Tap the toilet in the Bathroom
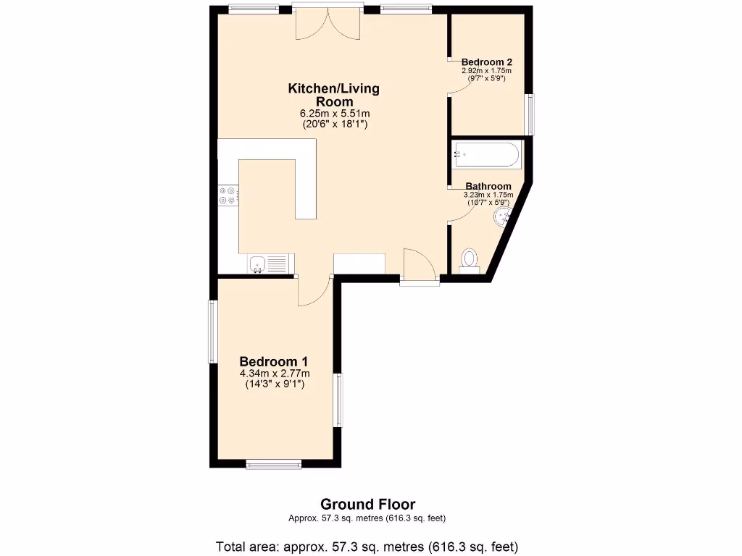[x=470, y=259]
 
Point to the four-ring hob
[x=228, y=195]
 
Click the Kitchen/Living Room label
[x=333, y=95]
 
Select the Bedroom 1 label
[x=274, y=361]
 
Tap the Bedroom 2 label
[x=486, y=62]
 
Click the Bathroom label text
[x=488, y=186]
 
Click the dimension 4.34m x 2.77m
[x=274, y=374]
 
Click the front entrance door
[x=420, y=265]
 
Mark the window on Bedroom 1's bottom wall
[x=273, y=464]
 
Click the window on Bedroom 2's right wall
[x=530, y=114]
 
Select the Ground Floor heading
[x=367, y=504]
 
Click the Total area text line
[x=367, y=546]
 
